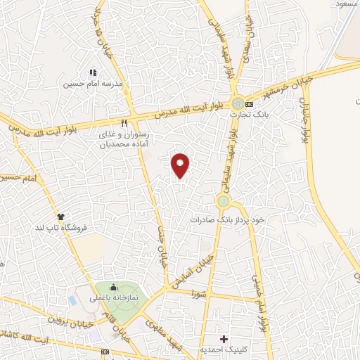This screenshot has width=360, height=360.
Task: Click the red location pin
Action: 181,165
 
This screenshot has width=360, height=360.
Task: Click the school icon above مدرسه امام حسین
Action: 92,72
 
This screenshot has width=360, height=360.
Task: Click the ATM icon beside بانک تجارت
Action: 250,105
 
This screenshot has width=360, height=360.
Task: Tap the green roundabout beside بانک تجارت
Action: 238,103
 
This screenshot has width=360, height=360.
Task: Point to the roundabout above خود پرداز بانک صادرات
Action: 224,202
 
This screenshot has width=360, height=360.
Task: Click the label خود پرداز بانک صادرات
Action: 227,219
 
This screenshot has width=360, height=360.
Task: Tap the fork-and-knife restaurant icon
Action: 124,120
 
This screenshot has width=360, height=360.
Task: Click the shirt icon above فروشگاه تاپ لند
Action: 60,216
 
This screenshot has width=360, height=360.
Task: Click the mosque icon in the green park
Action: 114,287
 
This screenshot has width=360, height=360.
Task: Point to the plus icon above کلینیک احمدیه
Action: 224,339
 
